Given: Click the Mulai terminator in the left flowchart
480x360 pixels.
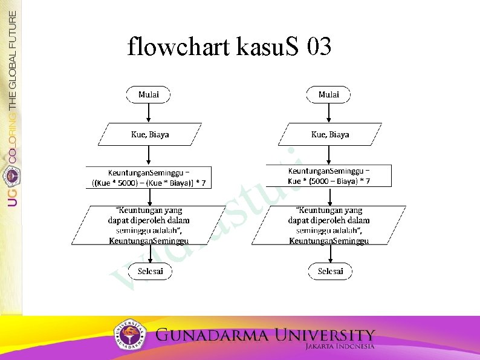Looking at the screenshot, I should coord(149,94).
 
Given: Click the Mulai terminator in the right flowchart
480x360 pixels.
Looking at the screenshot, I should coord(329,94).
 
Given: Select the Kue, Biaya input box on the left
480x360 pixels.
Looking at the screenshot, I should coord(150,134).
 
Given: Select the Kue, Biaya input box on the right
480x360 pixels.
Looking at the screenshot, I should coord(330,134).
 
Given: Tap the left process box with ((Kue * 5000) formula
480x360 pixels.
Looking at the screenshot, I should coord(149,177).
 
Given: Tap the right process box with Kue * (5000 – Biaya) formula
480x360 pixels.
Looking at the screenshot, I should coord(329,176).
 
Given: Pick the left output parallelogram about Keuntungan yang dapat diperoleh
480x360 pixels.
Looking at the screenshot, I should coord(149,224).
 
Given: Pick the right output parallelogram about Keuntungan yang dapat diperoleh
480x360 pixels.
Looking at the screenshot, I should coord(329,224).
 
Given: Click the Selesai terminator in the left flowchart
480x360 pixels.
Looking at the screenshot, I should coord(150,271).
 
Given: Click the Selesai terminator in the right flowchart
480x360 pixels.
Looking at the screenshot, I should coord(330,271).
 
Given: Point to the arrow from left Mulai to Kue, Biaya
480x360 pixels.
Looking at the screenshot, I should coord(149,113).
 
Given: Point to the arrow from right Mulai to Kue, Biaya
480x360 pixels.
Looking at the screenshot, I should coord(329,113).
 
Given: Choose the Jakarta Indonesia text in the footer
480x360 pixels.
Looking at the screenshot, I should coord(340,347).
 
